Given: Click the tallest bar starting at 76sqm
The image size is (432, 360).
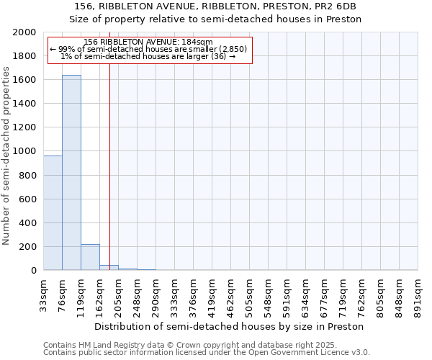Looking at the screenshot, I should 71,173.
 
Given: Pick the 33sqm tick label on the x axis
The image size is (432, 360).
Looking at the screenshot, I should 44,294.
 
